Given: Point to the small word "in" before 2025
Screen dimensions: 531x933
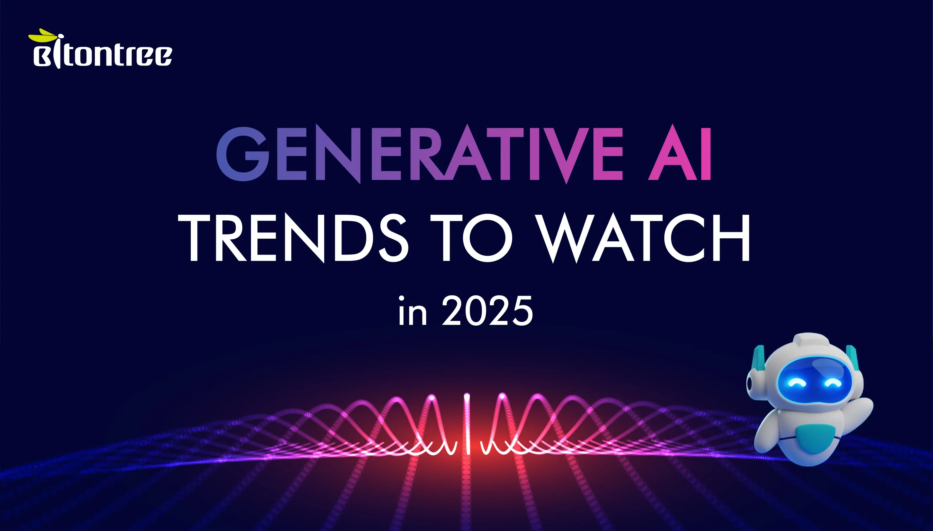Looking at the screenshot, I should coord(412,312).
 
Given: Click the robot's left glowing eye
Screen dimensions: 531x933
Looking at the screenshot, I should coord(794,383).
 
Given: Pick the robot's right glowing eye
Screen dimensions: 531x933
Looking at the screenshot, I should coord(832,383).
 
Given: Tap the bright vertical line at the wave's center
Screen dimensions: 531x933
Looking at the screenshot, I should coord(467,423).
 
